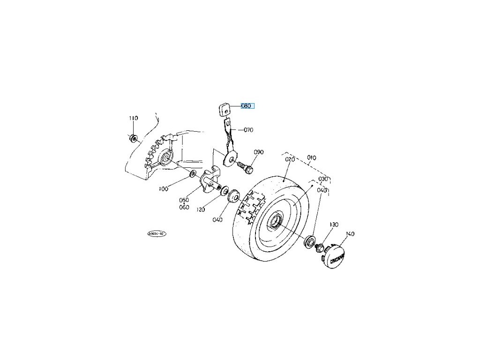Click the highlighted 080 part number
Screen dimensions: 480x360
click(x=247, y=106)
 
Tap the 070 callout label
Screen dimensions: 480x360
click(x=248, y=129)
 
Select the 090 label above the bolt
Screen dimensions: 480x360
click(x=259, y=152)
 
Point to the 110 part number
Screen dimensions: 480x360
click(x=134, y=118)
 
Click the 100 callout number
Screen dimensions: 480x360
click(x=163, y=189)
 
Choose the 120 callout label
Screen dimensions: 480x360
click(x=201, y=210)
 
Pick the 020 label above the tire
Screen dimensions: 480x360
click(x=290, y=159)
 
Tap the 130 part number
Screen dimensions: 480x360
click(x=333, y=225)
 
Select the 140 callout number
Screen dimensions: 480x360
click(x=350, y=233)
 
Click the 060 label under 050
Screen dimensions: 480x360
click(x=184, y=207)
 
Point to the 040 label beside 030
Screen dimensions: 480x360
click(x=322, y=190)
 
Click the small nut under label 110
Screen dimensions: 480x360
click(x=133, y=138)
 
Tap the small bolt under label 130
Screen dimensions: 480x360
click(x=320, y=248)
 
